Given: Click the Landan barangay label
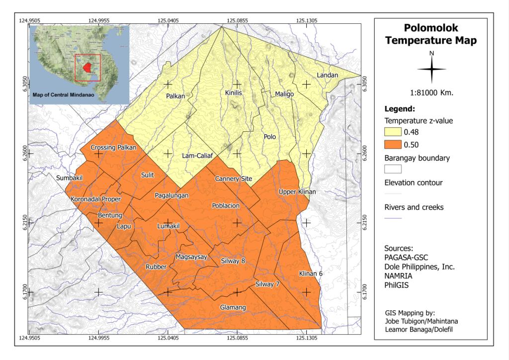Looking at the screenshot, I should click(327, 75).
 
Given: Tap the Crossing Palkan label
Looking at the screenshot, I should click(113, 148).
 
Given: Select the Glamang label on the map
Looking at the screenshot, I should click(233, 308).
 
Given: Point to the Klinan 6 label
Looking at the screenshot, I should click(311, 274).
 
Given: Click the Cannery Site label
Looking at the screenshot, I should click(233, 179).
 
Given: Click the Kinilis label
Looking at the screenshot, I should click(233, 93).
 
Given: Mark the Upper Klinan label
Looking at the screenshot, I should click(297, 192).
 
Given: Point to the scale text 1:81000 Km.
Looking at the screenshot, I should click(431, 92).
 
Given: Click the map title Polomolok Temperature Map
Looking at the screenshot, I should click(431, 35).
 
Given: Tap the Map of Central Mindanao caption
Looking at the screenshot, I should click(64, 94).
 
